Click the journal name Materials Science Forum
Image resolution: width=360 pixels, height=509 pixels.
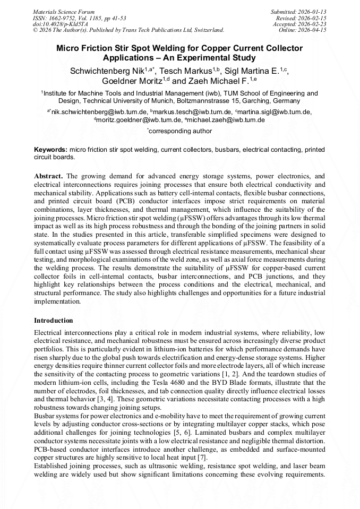(x=64, y=11)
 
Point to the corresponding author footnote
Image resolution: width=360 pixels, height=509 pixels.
(x=180, y=131)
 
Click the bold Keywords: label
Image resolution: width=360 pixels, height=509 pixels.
(x=51, y=150)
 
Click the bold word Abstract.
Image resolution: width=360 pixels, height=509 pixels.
(x=48, y=176)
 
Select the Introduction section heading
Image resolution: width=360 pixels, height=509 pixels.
(x=54, y=321)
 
